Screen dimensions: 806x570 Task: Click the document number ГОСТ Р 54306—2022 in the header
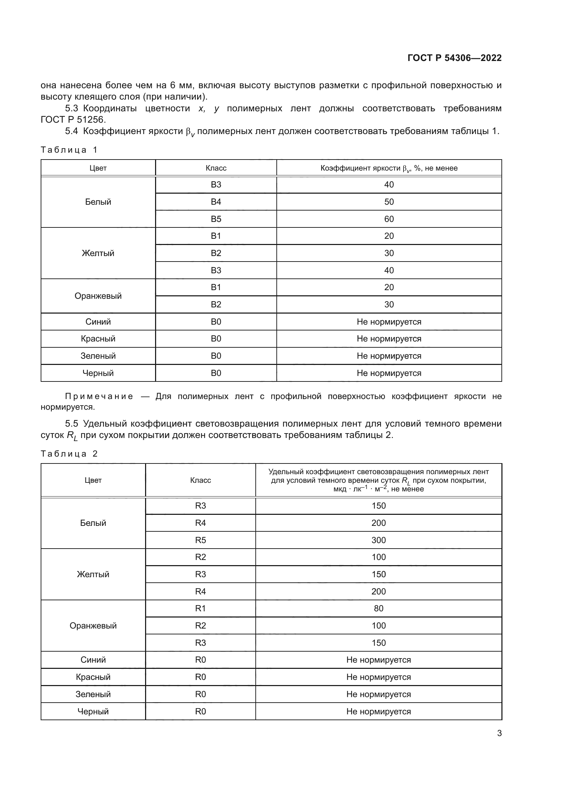point(454,58)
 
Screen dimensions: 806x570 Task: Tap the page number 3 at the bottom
point(499,733)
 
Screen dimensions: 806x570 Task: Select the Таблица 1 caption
point(69,150)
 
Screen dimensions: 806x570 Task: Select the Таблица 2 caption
point(69,454)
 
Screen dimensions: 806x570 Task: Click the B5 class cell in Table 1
point(216,219)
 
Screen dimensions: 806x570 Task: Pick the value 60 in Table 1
point(389,219)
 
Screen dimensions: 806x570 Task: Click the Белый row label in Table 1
point(98,202)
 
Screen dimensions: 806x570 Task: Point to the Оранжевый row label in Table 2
point(93,625)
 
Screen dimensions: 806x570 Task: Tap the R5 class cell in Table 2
point(201,540)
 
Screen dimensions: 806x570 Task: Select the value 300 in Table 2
point(378,540)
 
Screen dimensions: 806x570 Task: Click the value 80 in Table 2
point(378,608)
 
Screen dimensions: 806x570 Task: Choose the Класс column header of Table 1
point(216,168)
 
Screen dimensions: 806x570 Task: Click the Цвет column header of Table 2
point(93,480)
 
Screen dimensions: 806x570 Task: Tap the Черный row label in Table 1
point(98,373)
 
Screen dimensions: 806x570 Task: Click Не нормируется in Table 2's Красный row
point(378,677)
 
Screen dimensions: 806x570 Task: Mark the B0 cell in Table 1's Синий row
point(216,322)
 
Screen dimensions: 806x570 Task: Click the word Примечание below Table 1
point(99,396)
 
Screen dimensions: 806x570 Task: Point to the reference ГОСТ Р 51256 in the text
point(73,120)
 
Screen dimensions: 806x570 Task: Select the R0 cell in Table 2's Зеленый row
point(201,694)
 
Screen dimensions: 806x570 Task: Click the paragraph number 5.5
point(72,424)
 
